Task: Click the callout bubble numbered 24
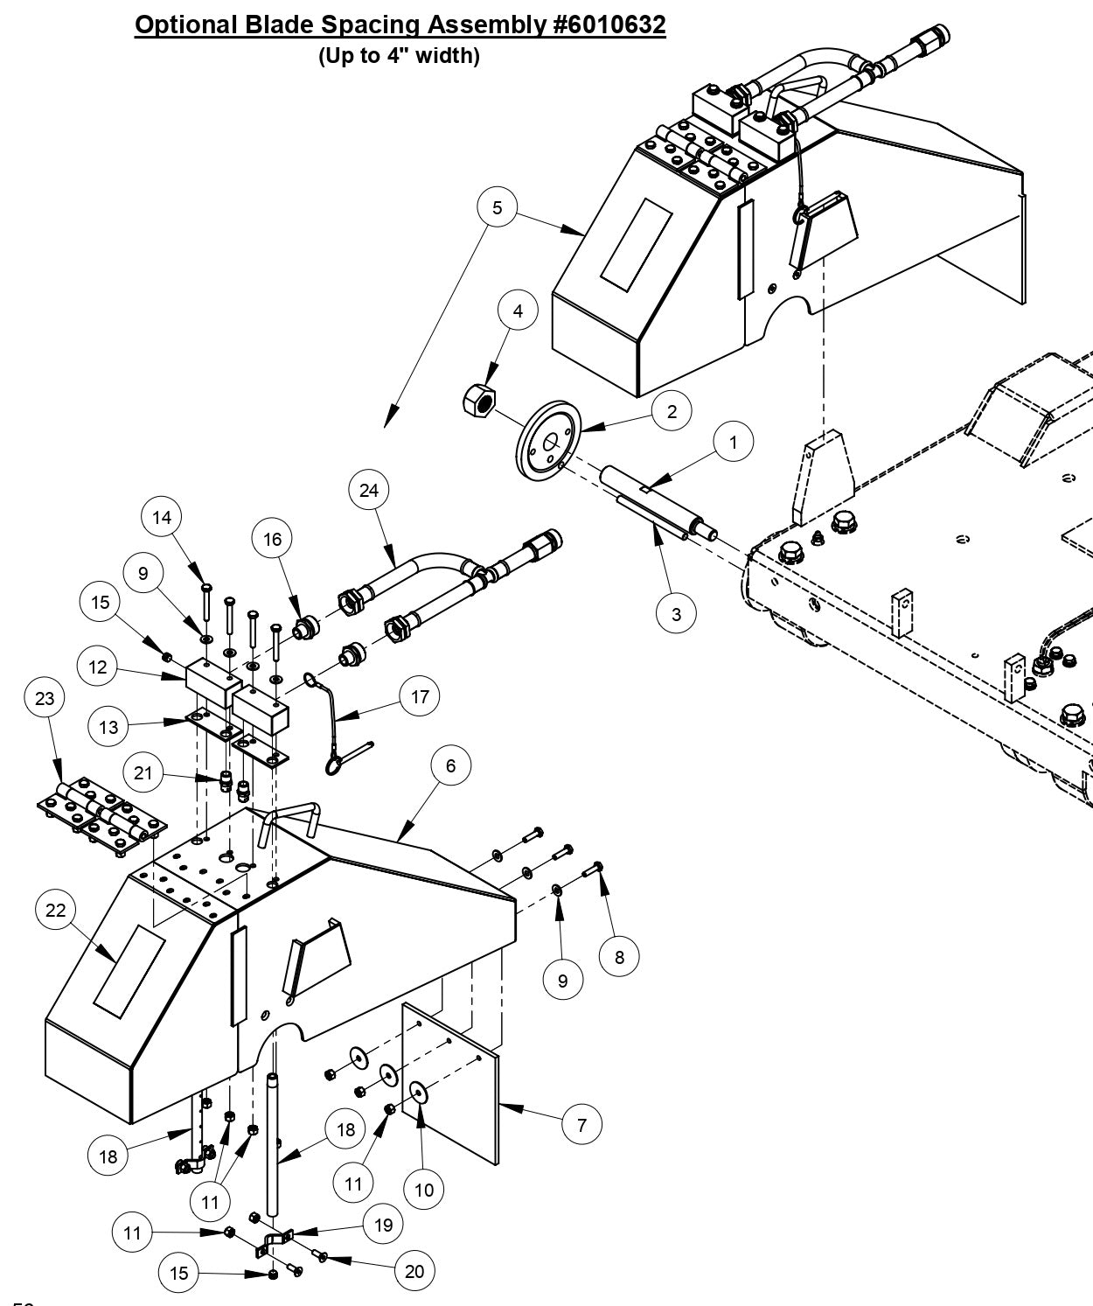tap(369, 491)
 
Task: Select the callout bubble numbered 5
tap(498, 207)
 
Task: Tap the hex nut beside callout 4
tap(478, 402)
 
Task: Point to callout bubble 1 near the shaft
tap(733, 443)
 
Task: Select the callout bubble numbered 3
tap(676, 614)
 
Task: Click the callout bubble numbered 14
tap(162, 518)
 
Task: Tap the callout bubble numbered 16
tap(273, 540)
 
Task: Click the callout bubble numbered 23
tap(45, 698)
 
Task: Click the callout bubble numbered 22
tap(55, 911)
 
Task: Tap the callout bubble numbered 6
tap(450, 766)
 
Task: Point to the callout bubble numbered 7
tap(582, 1124)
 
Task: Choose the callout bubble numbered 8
tap(619, 957)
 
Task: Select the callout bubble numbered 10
tap(423, 1190)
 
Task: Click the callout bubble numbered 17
tap(421, 697)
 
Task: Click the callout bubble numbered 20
tap(414, 1270)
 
